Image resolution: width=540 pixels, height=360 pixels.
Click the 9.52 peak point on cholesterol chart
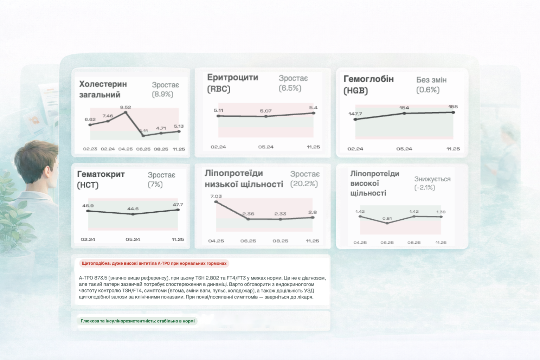tap(126, 112)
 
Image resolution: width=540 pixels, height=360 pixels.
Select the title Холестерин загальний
tap(103, 89)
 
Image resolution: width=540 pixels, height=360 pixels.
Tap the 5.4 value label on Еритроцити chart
tap(313, 108)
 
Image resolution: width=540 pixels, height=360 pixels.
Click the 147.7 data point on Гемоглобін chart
tap(355, 120)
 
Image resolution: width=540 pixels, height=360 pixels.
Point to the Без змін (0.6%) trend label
tap(431, 85)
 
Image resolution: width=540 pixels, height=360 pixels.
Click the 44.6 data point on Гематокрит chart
tap(133, 214)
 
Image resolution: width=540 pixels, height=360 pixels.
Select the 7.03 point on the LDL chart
tap(216, 202)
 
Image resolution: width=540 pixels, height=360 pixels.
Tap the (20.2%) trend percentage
tap(304, 184)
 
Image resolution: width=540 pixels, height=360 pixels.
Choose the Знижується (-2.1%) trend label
tap(432, 183)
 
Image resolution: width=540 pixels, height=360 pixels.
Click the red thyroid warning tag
tap(154, 263)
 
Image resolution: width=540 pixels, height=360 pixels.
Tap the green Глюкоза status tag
tap(137, 321)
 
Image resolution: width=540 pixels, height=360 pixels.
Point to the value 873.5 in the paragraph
tap(101, 278)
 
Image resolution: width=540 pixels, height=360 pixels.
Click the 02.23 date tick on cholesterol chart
tap(90, 149)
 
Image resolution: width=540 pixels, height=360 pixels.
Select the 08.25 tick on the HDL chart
tap(414, 243)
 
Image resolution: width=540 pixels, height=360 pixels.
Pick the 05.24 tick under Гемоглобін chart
tap(404, 149)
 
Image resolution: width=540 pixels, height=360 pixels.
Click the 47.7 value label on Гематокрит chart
tap(178, 205)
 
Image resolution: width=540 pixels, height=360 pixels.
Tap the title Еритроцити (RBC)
tap(232, 83)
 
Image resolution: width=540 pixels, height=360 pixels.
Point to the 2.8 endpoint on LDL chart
tap(313, 218)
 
